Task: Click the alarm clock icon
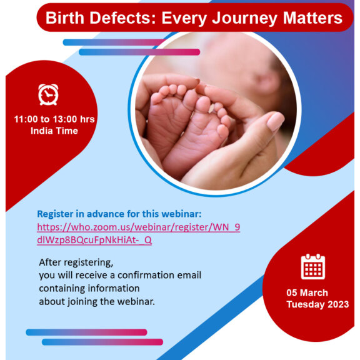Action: tap(48, 94)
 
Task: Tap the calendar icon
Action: tap(313, 266)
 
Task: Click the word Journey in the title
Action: tap(244, 18)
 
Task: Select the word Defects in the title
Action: tap(123, 17)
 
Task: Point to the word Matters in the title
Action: tap(312, 17)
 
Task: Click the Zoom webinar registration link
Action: tap(139, 234)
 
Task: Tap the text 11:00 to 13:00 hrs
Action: tap(54, 119)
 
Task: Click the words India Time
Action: tap(54, 131)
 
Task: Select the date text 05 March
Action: tap(307, 292)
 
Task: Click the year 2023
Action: tap(338, 304)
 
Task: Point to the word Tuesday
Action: tap(306, 304)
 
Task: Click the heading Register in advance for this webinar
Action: tap(119, 214)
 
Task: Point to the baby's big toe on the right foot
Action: tap(203, 104)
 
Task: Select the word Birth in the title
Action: tap(65, 17)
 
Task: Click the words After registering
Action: tap(76, 262)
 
